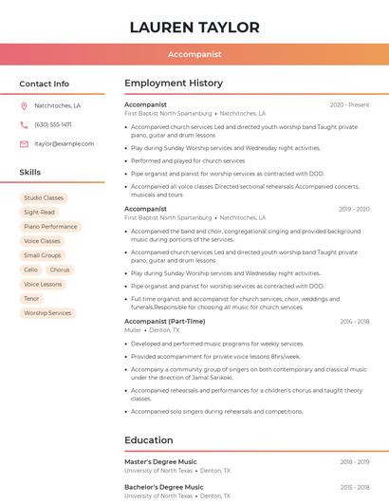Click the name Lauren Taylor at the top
pyautogui.click(x=194, y=27)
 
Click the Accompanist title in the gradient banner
pyautogui.click(x=194, y=54)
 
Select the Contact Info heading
pyautogui.click(x=44, y=84)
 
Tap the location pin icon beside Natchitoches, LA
pyautogui.click(x=24, y=105)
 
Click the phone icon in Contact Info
pyautogui.click(x=24, y=124)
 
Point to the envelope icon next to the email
pyautogui.click(x=24, y=143)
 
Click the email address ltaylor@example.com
pyautogui.click(x=64, y=143)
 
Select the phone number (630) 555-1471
pyautogui.click(x=52, y=124)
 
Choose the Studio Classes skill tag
pyautogui.click(x=44, y=198)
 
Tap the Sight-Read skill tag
pyautogui.click(x=39, y=213)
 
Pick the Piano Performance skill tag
pyautogui.click(x=50, y=227)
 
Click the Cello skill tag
pyautogui.click(x=31, y=270)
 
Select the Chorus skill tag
pyautogui.click(x=60, y=270)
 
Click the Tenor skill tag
pyautogui.click(x=31, y=298)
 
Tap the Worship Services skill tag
pyautogui.click(x=47, y=312)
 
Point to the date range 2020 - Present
pyautogui.click(x=349, y=104)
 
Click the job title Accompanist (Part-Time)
pyautogui.click(x=164, y=321)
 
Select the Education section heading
pyautogui.click(x=148, y=440)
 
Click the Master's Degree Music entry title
pyautogui.click(x=160, y=461)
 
